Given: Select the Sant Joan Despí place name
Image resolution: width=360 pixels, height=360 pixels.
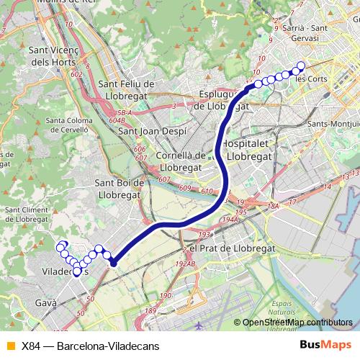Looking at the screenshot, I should click(x=152, y=131).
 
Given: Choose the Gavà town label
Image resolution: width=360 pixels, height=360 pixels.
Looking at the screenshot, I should click(x=45, y=303).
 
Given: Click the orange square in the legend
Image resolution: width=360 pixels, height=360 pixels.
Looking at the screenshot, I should click(x=9, y=345).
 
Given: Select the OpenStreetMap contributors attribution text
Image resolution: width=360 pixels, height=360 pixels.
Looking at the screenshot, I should click(x=297, y=323).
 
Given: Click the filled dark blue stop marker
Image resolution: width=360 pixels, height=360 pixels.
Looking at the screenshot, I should click(x=113, y=263).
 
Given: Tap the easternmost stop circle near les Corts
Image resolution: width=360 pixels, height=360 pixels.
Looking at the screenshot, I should click(x=301, y=66).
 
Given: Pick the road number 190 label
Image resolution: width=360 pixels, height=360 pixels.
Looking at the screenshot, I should click(x=166, y=296).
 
